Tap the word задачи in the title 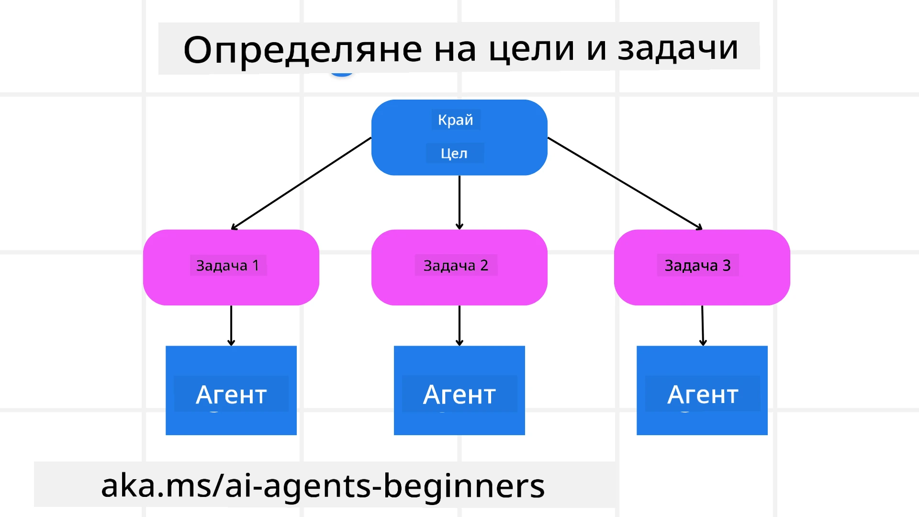click(678, 48)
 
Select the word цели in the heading click(531, 48)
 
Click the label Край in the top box click(455, 120)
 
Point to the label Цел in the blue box click(454, 153)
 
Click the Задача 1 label click(227, 265)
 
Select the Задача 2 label click(456, 265)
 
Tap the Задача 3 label click(697, 265)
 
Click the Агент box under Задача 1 click(231, 390)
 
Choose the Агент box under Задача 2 click(459, 390)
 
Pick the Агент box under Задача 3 click(702, 390)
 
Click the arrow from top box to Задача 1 click(302, 183)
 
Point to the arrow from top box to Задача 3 click(625, 182)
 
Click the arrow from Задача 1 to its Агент click(231, 325)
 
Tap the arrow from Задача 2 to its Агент click(459, 325)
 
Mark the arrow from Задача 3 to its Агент click(703, 325)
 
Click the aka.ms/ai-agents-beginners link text click(323, 485)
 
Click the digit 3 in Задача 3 click(727, 265)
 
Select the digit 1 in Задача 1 click(256, 265)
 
